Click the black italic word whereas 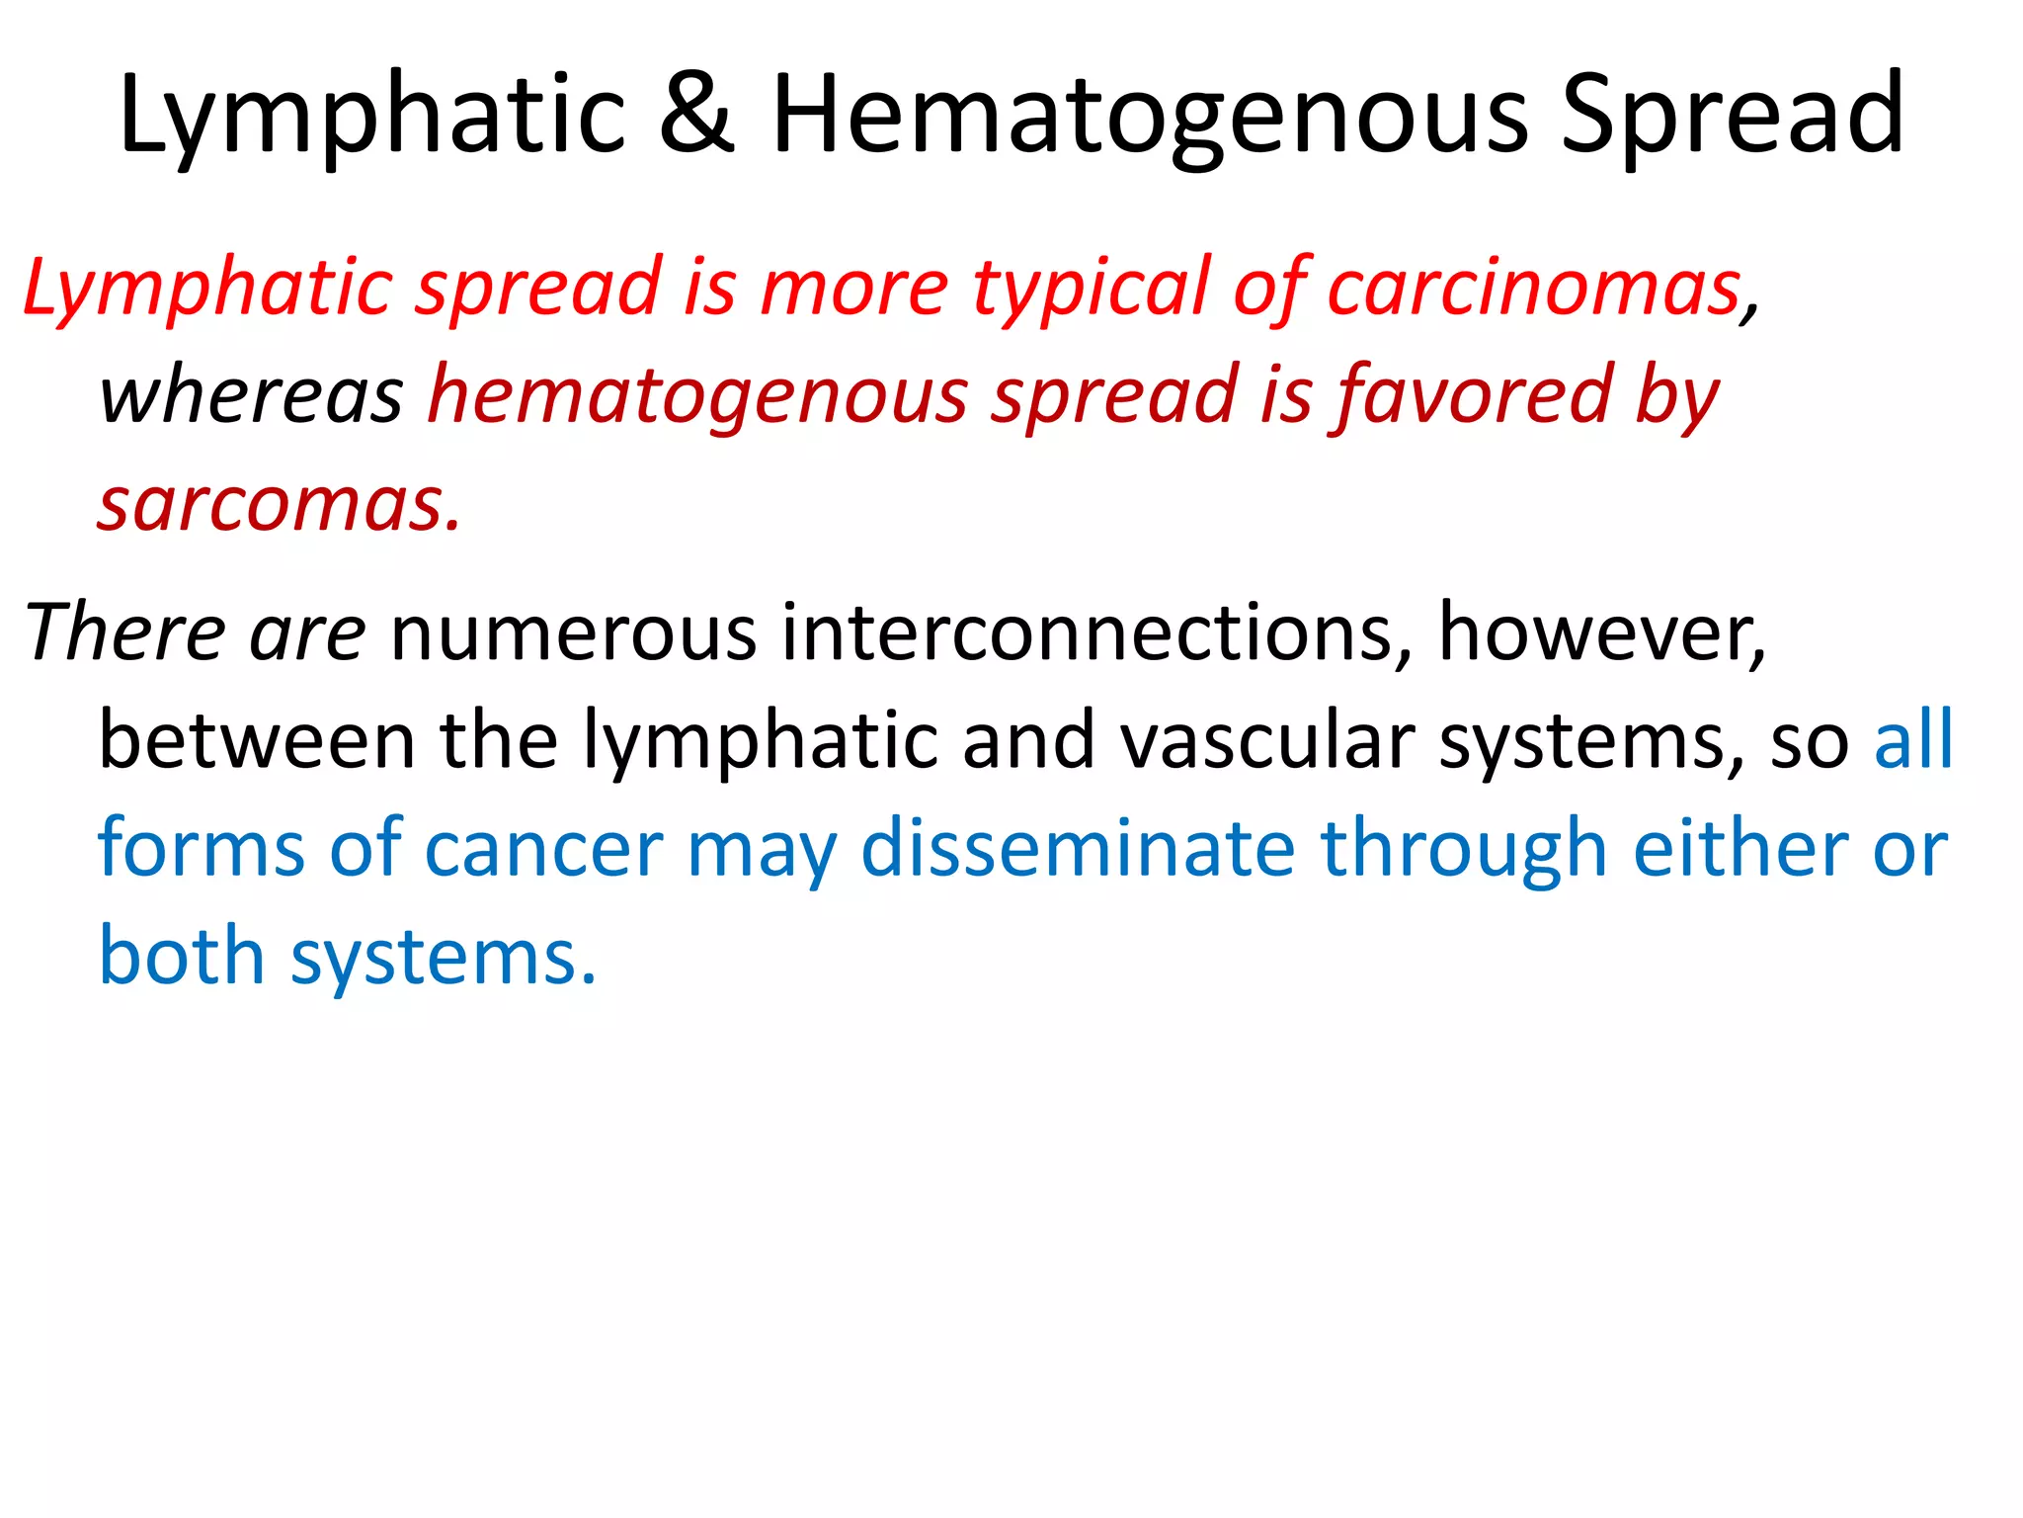pyautogui.click(x=251, y=395)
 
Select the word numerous pyautogui.click(x=574, y=633)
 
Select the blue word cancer pyautogui.click(x=544, y=848)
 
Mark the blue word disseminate pyautogui.click(x=1078, y=848)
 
